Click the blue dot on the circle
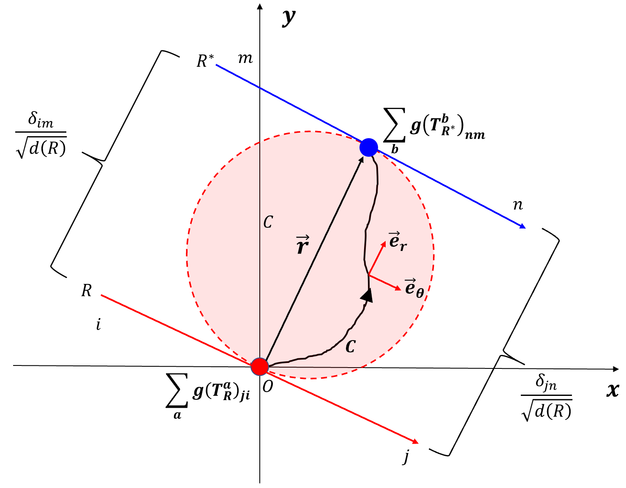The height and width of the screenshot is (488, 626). coord(369,147)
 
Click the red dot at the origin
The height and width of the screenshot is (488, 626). coord(260,366)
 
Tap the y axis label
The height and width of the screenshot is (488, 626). coord(289,17)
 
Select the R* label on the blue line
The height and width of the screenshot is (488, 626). coord(205,61)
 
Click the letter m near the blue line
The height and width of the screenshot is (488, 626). coord(245,58)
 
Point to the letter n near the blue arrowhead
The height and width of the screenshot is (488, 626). coord(518,205)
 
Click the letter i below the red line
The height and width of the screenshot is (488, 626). coord(98,324)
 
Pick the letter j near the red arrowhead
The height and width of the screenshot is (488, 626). coord(406,456)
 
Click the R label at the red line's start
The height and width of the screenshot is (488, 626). coord(87,291)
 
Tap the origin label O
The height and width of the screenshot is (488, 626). coord(268,386)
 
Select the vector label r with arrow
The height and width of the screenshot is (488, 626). coord(302,245)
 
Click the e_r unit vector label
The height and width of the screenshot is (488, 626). coord(397,241)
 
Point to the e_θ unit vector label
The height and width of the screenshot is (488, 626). coord(414,288)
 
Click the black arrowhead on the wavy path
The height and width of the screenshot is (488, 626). coord(367,295)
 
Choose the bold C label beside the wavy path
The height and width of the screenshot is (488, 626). coord(350,347)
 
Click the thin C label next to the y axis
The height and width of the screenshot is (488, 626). coord(268,222)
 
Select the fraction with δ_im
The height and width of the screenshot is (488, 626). coord(41,135)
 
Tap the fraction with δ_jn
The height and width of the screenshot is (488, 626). coord(547,397)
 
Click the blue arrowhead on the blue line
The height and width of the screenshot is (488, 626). coord(523,226)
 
